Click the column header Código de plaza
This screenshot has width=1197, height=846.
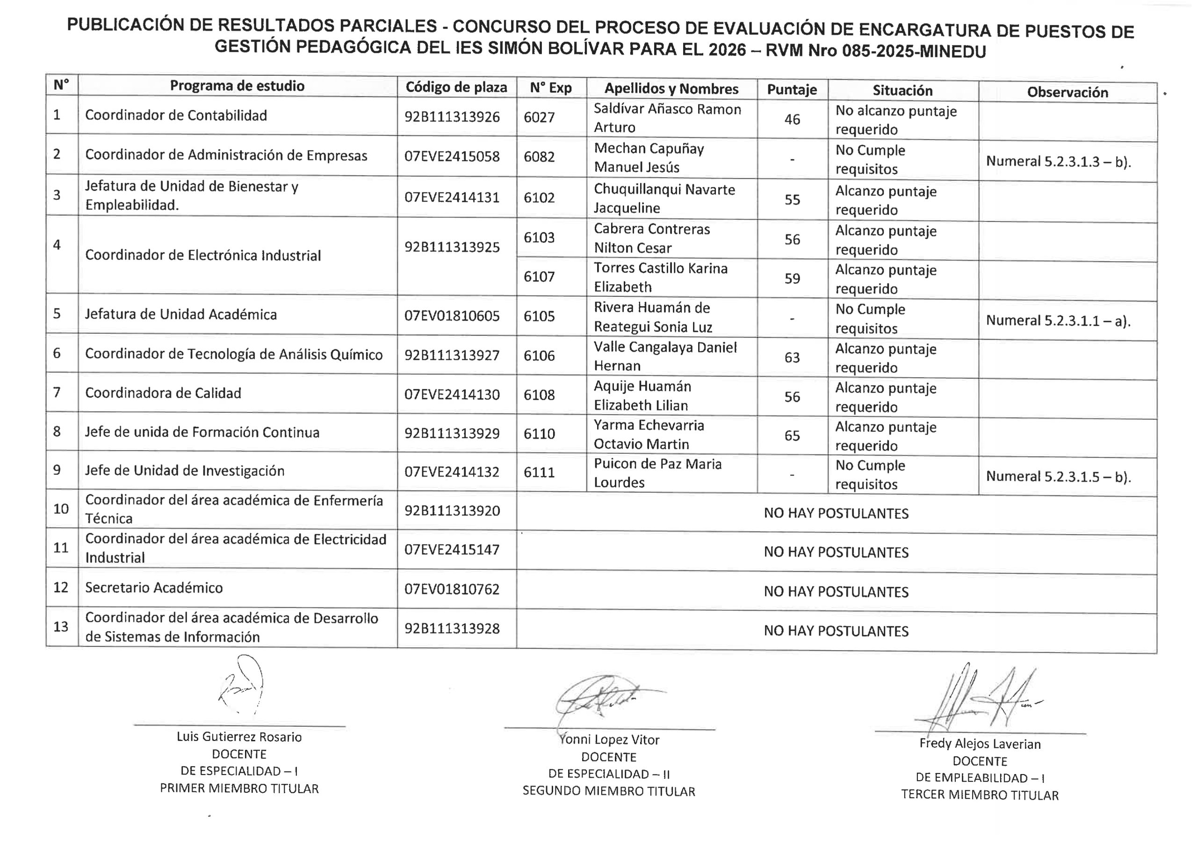(x=456, y=87)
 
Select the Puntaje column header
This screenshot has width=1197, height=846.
(x=792, y=90)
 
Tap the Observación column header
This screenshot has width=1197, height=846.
(x=1067, y=92)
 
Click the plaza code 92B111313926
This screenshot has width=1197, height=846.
(x=452, y=117)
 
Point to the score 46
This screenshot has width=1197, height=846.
(x=792, y=119)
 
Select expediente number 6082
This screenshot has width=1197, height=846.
(x=539, y=157)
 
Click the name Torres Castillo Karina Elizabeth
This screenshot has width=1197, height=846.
(x=660, y=277)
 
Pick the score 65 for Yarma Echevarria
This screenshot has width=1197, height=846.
(x=792, y=435)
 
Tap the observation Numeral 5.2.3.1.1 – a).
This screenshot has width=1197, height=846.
(x=1058, y=321)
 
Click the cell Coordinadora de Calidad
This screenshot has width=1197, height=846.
(x=163, y=393)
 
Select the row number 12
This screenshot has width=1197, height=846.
(x=61, y=588)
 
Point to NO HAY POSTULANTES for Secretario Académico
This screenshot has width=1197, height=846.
(x=836, y=592)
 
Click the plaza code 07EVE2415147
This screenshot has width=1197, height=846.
(x=452, y=549)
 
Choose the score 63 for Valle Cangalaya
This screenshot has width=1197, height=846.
(x=792, y=357)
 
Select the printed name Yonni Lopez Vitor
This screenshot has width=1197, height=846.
(x=609, y=739)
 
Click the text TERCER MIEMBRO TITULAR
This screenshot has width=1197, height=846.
(x=980, y=795)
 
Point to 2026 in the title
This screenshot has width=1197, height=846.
(x=727, y=50)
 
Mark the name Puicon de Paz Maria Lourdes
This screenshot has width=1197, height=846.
(x=657, y=473)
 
